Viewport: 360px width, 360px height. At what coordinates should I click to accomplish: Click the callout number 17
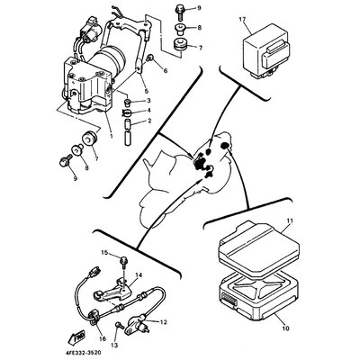pyautogui.click(x=242, y=20)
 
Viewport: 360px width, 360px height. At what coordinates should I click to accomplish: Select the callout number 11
pyautogui.click(x=290, y=221)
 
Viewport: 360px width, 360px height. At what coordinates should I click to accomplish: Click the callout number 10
pyautogui.click(x=286, y=328)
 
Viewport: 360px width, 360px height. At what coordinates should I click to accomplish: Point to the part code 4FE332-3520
pyautogui.click(x=82, y=353)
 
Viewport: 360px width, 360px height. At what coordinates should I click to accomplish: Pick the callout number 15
pyautogui.click(x=104, y=253)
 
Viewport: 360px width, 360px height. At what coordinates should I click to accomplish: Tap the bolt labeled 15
pyautogui.click(x=123, y=263)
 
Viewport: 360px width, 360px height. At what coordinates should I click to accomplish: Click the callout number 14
pyautogui.click(x=139, y=274)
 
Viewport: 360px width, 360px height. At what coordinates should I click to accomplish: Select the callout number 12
pyautogui.click(x=163, y=322)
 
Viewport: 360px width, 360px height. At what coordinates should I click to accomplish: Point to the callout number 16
pyautogui.click(x=103, y=338)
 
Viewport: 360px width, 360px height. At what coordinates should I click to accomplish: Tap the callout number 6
pyautogui.click(x=166, y=71)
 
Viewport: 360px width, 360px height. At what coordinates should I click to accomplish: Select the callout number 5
pyautogui.click(x=146, y=91)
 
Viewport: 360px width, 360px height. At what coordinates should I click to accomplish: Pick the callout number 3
pyautogui.click(x=148, y=100)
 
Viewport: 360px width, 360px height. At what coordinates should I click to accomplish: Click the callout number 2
pyautogui.click(x=149, y=121)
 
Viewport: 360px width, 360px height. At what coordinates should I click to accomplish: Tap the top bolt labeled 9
pyautogui.click(x=179, y=12)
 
